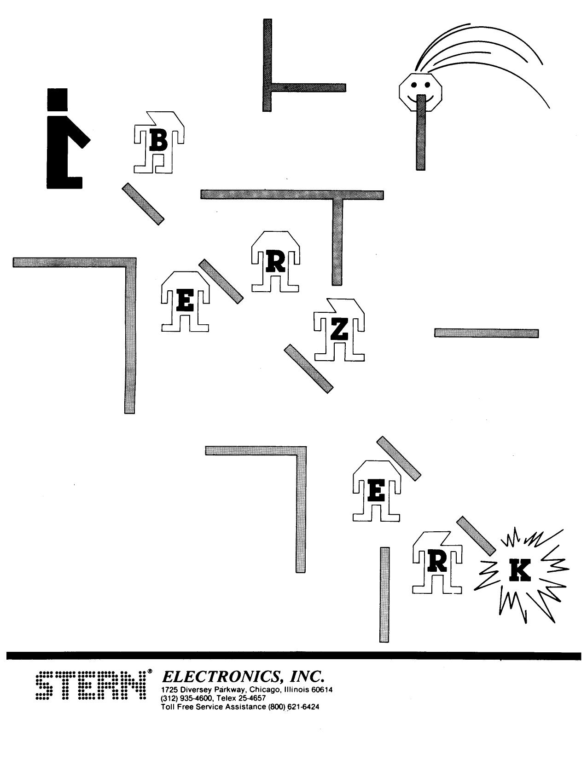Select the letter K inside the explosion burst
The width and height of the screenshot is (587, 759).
point(520,572)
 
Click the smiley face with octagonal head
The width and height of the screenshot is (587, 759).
point(420,90)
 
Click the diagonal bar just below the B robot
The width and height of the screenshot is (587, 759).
point(143,204)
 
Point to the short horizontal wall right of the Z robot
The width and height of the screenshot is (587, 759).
point(486,333)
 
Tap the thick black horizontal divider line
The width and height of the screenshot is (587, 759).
point(293,655)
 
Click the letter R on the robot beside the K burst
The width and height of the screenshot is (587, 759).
point(437,562)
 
